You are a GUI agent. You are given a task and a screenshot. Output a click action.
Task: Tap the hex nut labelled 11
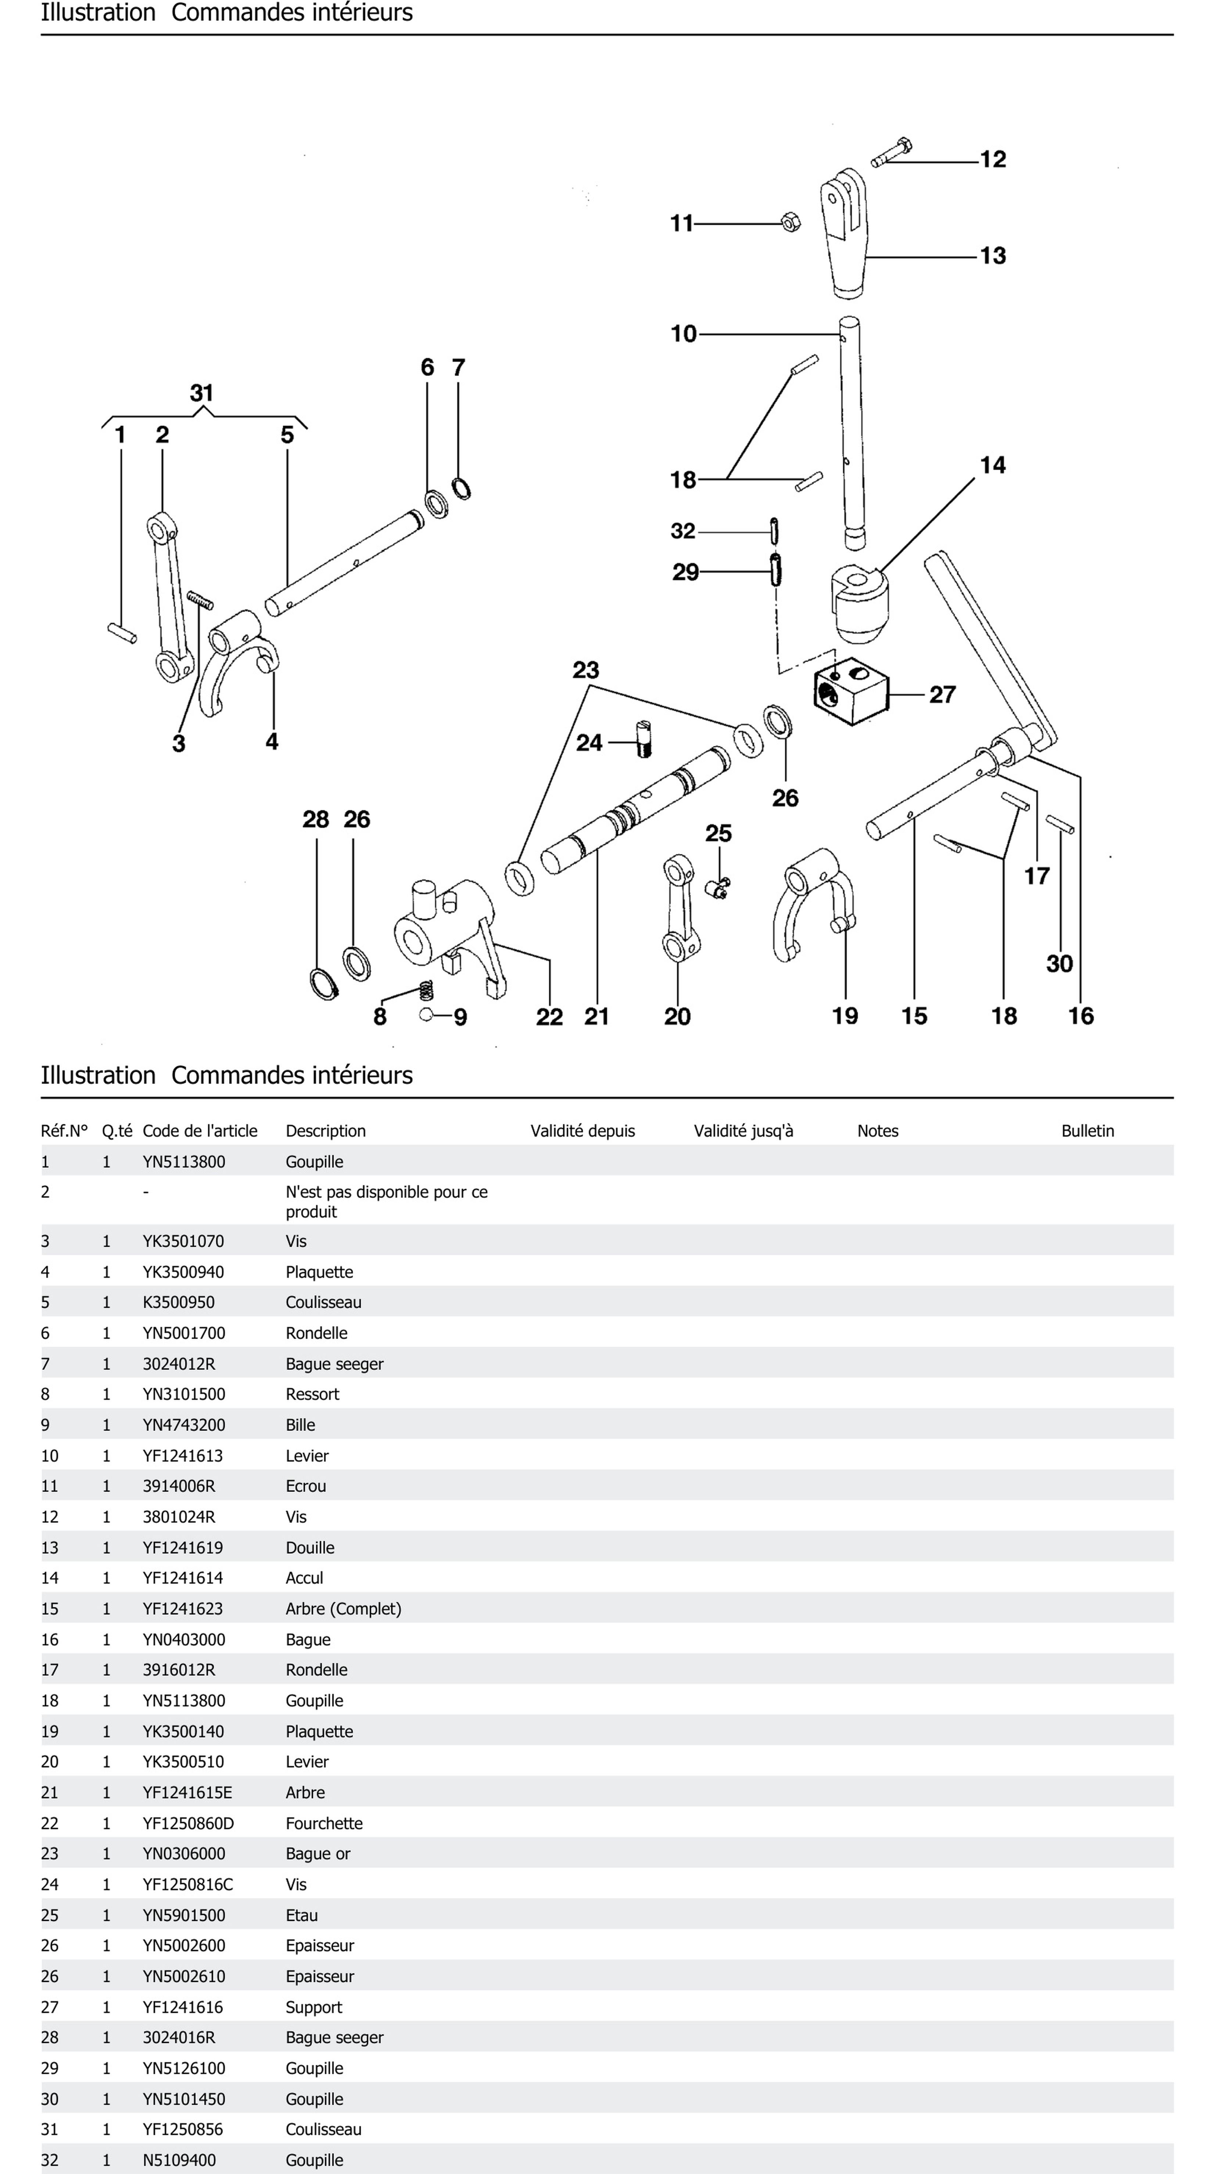pyautogui.click(x=791, y=223)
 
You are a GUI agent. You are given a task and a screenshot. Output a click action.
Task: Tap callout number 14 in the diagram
pyautogui.click(x=992, y=465)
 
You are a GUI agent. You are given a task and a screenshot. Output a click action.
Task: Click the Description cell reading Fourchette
pyautogui.click(x=324, y=1823)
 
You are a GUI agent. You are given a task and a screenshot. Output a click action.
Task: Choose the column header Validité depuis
pyautogui.click(x=582, y=1131)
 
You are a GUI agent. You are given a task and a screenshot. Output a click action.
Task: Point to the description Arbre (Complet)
pyautogui.click(x=343, y=1609)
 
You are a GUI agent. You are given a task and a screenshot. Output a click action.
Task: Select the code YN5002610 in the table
pyautogui.click(x=184, y=1975)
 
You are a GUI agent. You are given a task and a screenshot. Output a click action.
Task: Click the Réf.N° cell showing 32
pyautogui.click(x=50, y=2160)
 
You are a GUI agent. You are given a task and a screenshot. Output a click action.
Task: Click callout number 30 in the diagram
pyautogui.click(x=1059, y=964)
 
